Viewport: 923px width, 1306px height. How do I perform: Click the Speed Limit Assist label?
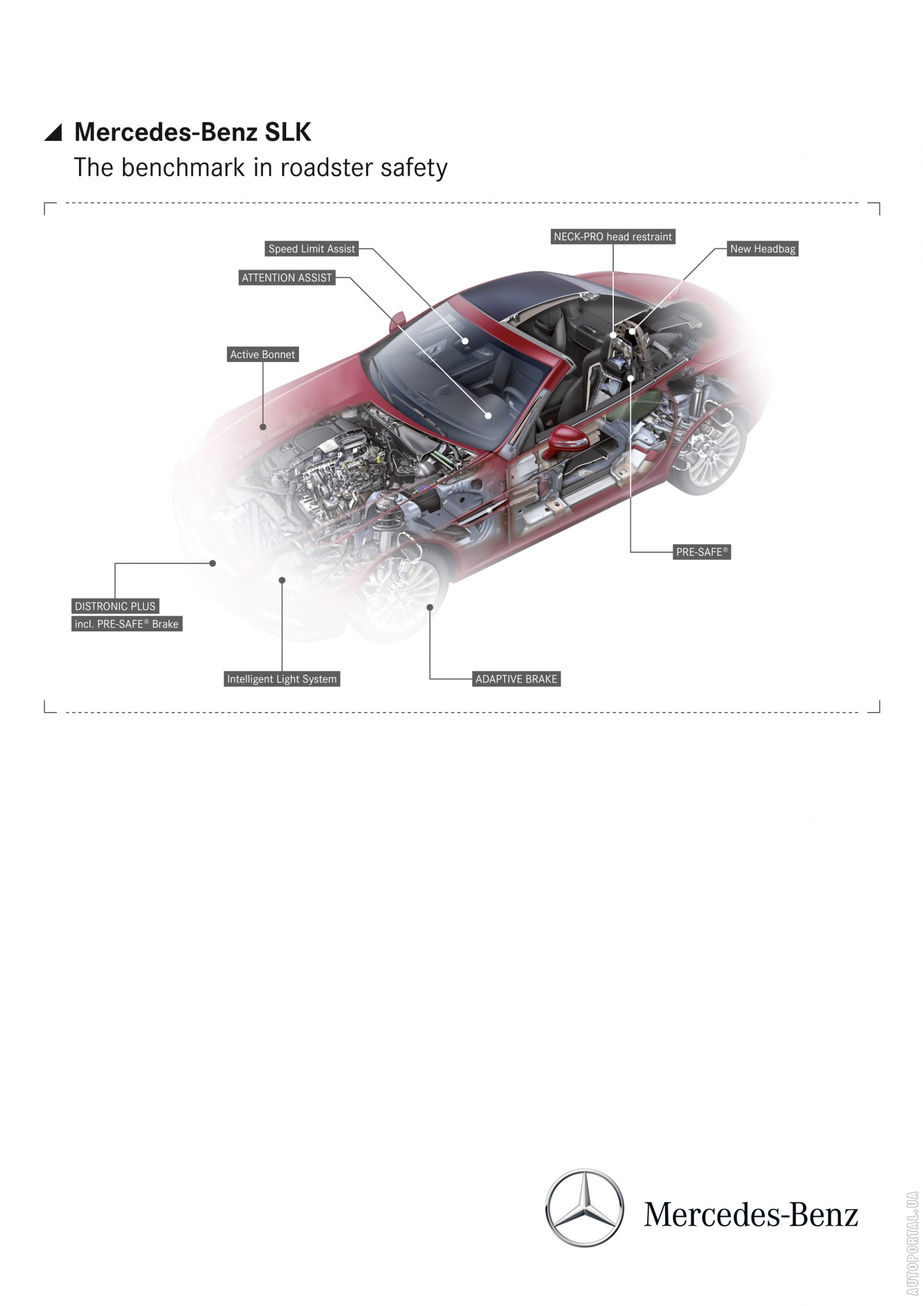(x=312, y=249)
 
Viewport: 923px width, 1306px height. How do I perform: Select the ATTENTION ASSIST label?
(x=287, y=278)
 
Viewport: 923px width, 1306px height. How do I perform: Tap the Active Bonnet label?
(x=262, y=354)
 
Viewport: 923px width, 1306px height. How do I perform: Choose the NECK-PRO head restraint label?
(x=613, y=237)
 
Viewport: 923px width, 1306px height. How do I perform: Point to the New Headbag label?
(x=763, y=249)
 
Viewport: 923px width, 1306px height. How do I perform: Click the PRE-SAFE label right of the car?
(x=702, y=552)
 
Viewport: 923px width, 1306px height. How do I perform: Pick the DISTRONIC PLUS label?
(x=115, y=606)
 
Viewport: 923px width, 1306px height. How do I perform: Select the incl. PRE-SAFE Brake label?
(x=127, y=624)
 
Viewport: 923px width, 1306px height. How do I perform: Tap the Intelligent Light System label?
(x=282, y=679)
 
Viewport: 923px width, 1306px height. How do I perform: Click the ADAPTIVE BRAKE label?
(x=516, y=679)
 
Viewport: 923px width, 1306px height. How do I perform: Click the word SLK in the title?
(x=288, y=132)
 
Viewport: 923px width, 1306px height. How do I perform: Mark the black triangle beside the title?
(x=53, y=133)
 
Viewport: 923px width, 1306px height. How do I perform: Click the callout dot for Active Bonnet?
(x=263, y=427)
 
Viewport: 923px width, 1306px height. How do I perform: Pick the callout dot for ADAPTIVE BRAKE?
(x=430, y=607)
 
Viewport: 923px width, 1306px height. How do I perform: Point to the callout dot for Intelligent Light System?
(x=282, y=581)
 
